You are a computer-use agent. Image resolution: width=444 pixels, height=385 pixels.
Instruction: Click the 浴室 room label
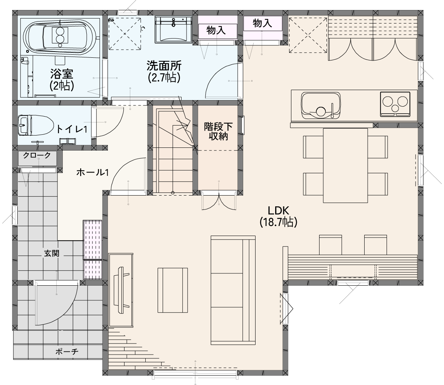62,74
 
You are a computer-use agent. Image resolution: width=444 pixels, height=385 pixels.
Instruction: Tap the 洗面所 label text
164,65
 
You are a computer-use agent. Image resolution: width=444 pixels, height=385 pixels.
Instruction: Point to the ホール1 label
92,172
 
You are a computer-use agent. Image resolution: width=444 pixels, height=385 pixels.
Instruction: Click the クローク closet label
37,155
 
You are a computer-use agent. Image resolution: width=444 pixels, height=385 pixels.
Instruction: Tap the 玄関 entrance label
52,253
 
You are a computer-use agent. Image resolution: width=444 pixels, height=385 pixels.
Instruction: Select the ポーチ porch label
67,352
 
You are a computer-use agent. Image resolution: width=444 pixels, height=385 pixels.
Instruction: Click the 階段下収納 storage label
218,131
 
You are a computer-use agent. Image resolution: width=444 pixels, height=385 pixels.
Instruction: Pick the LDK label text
278,211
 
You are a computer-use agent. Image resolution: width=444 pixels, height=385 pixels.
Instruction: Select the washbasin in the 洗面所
173,29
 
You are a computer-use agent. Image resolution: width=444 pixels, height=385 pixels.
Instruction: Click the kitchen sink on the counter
321,105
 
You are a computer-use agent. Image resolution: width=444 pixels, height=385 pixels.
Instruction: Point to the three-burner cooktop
395,104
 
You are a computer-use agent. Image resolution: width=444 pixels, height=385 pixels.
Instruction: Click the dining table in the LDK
345,165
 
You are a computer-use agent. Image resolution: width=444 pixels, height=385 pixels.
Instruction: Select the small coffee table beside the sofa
173,290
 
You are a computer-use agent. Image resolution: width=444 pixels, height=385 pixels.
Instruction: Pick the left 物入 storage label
216,30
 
